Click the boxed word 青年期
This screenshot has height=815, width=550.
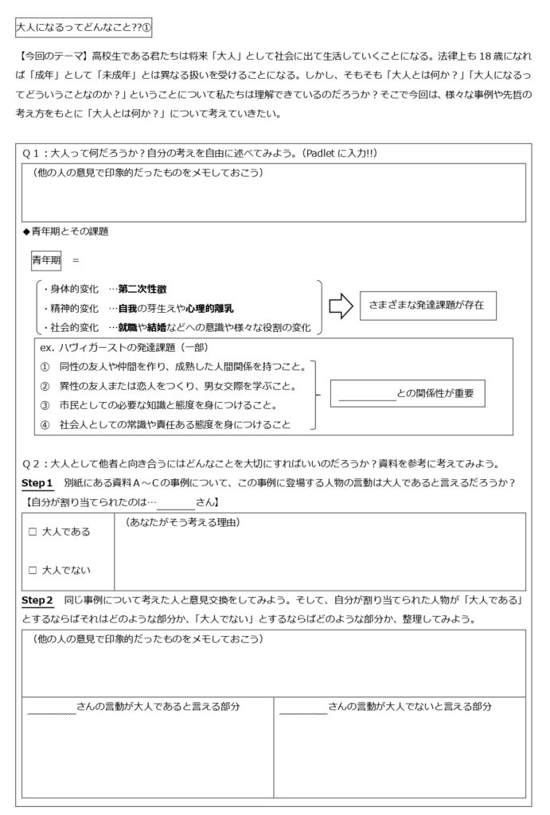(x=47, y=259)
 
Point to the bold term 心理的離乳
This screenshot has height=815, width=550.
(x=210, y=308)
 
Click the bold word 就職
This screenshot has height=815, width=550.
(x=127, y=327)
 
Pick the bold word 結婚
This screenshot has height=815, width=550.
(x=158, y=327)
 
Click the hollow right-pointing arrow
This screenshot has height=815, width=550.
(x=341, y=306)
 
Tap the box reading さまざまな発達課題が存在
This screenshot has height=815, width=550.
(x=422, y=305)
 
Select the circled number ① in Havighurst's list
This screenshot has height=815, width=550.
(x=45, y=367)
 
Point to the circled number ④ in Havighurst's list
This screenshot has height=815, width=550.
(x=45, y=425)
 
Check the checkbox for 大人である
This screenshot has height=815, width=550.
(x=33, y=532)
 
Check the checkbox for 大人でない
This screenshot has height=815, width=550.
(x=33, y=569)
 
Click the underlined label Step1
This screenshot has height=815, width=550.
(x=37, y=483)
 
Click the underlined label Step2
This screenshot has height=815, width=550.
(x=37, y=599)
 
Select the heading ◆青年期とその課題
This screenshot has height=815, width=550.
(x=66, y=232)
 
